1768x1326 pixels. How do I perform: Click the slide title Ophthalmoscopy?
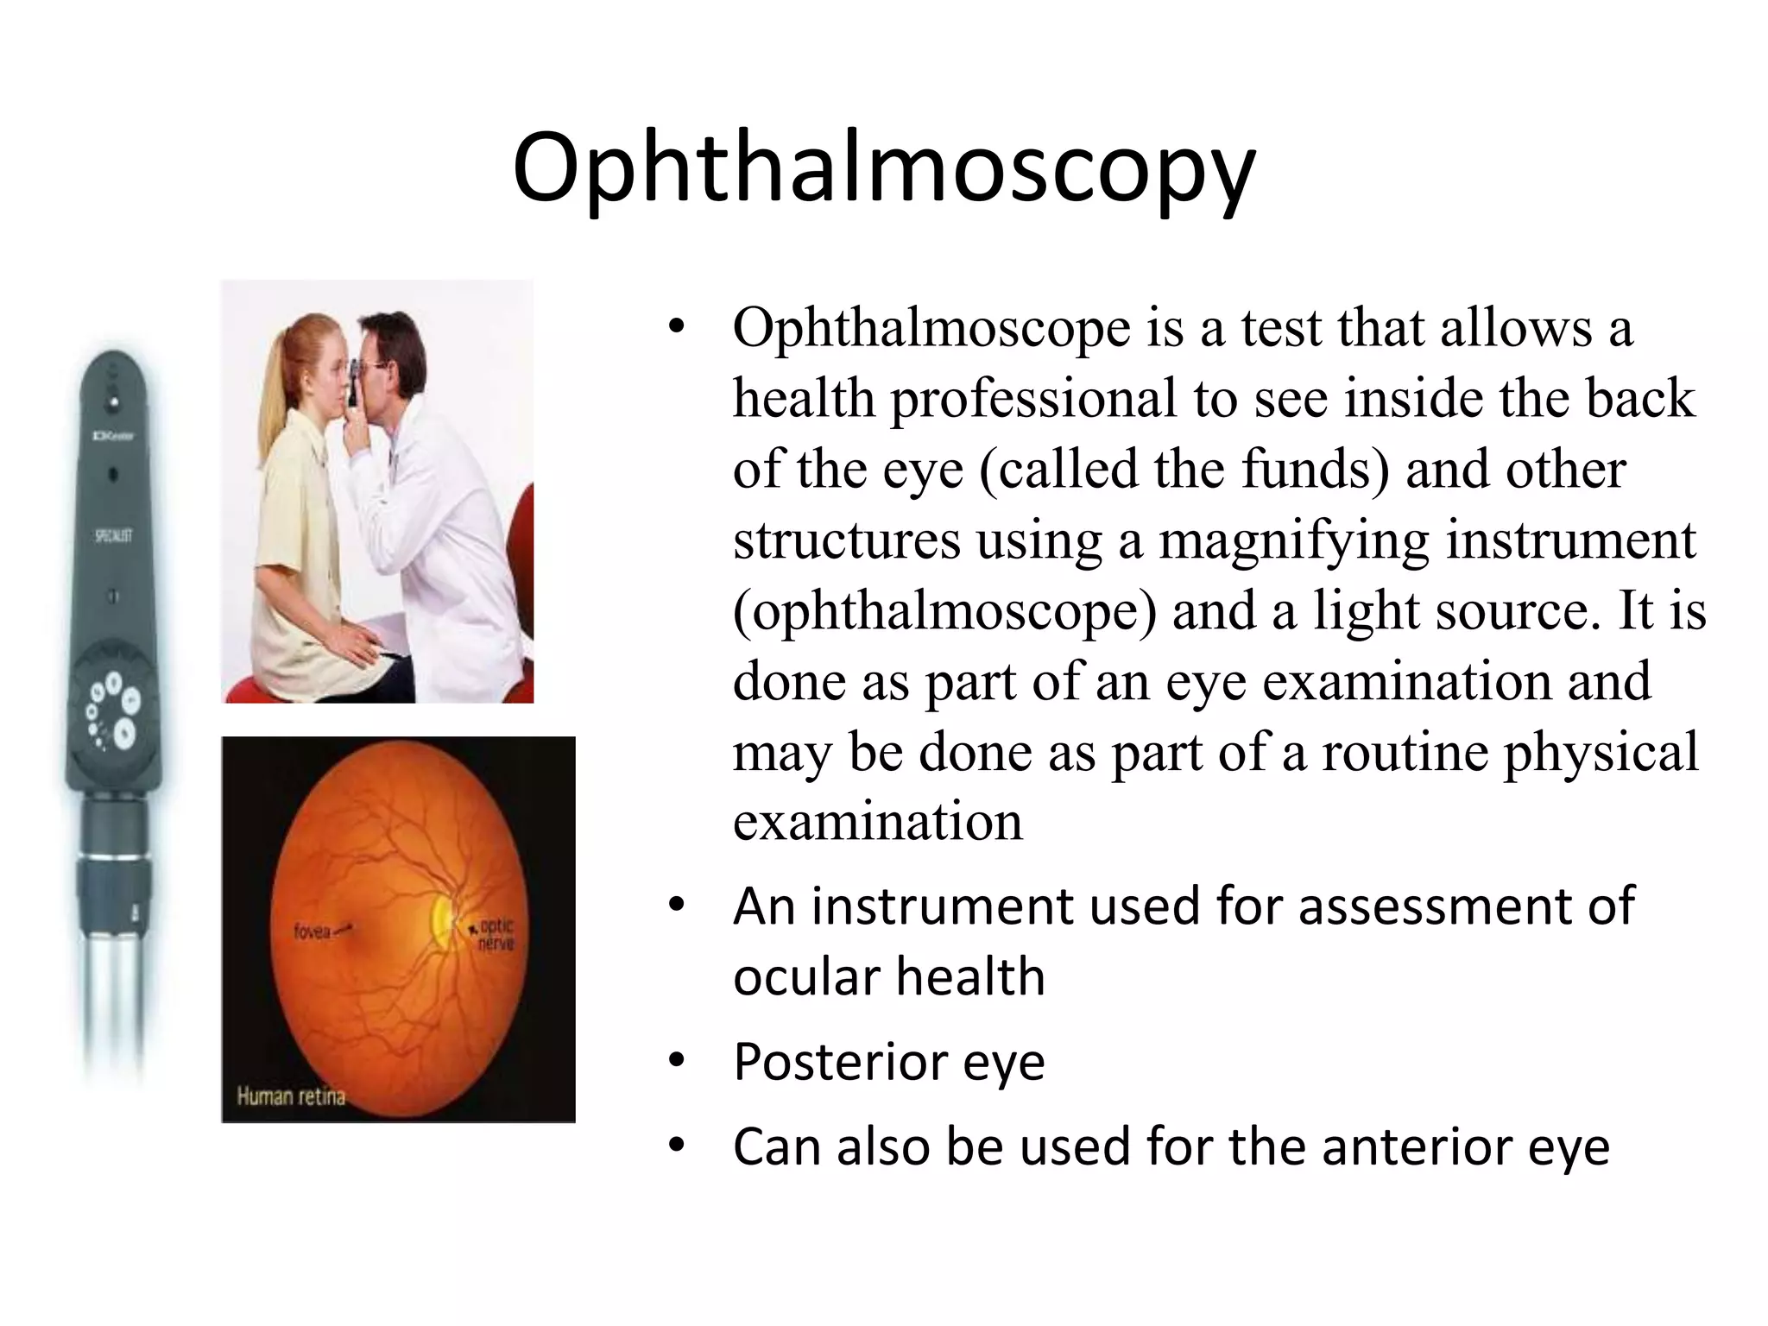point(883,168)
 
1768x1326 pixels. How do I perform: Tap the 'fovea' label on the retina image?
point(312,932)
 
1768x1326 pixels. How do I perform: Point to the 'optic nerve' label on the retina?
point(496,934)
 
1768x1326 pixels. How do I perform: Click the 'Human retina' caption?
point(291,1096)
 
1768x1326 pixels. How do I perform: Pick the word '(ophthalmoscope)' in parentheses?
point(944,611)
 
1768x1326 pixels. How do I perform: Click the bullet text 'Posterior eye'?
point(888,1062)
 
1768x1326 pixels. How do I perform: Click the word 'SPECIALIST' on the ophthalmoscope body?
point(113,536)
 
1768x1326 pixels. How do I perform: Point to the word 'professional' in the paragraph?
point(1034,399)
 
